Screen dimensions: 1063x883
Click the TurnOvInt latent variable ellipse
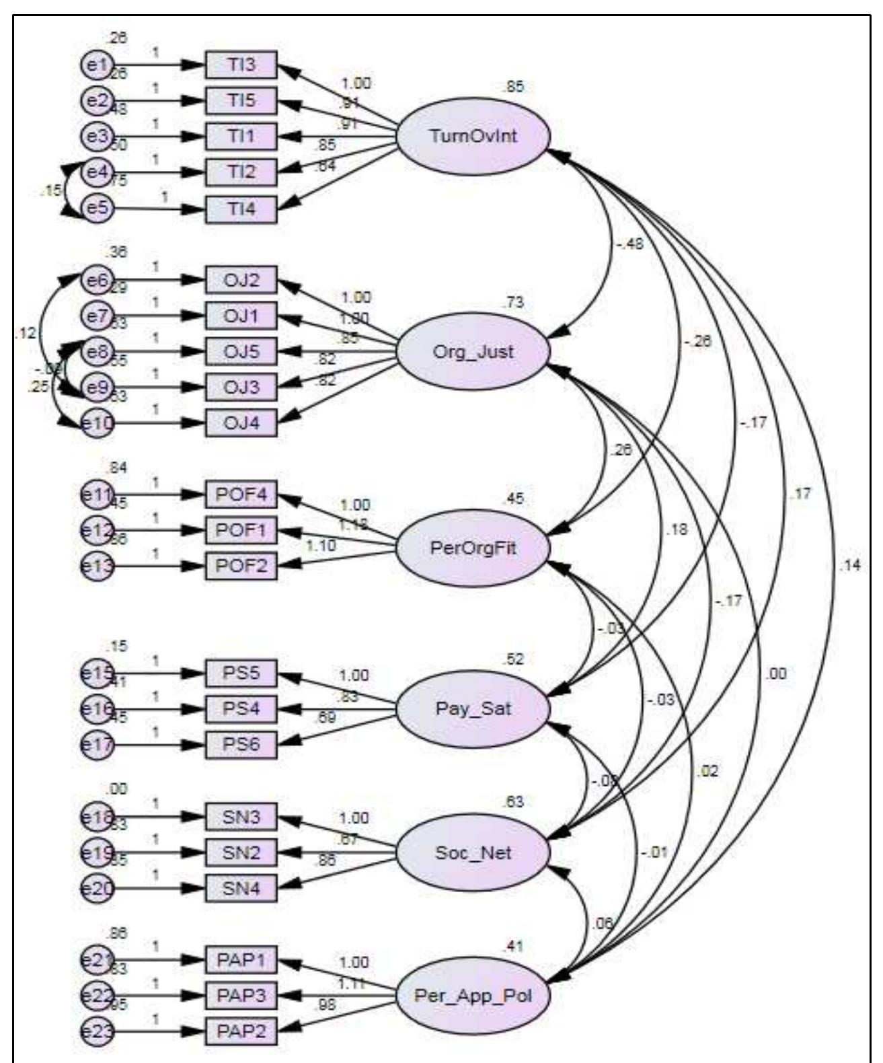[473, 136]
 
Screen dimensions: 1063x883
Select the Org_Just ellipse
[473, 351]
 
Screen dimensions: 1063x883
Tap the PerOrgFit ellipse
[473, 548]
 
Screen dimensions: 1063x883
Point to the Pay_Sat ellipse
[473, 708]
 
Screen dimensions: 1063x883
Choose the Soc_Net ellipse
[473, 853]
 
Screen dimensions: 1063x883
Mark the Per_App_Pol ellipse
[473, 996]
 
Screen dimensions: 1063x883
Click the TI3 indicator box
[241, 65]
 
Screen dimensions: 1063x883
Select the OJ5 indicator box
[241, 351]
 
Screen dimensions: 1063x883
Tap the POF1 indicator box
[241, 530]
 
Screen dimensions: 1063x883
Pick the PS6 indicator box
[241, 744]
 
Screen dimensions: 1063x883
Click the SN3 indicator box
[241, 817]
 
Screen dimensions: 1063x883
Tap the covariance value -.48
[629, 244]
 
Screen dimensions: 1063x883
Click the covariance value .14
[849, 566]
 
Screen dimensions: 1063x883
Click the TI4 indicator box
[241, 208]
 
